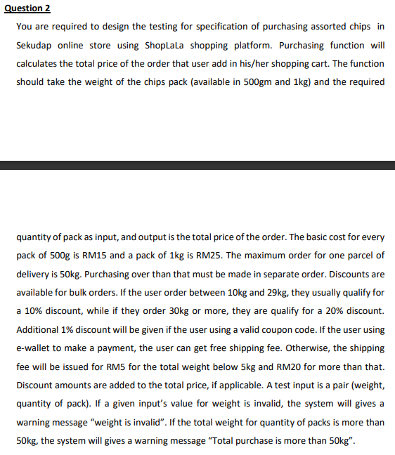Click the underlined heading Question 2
click(x=27, y=8)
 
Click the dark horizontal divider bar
click(x=197, y=165)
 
